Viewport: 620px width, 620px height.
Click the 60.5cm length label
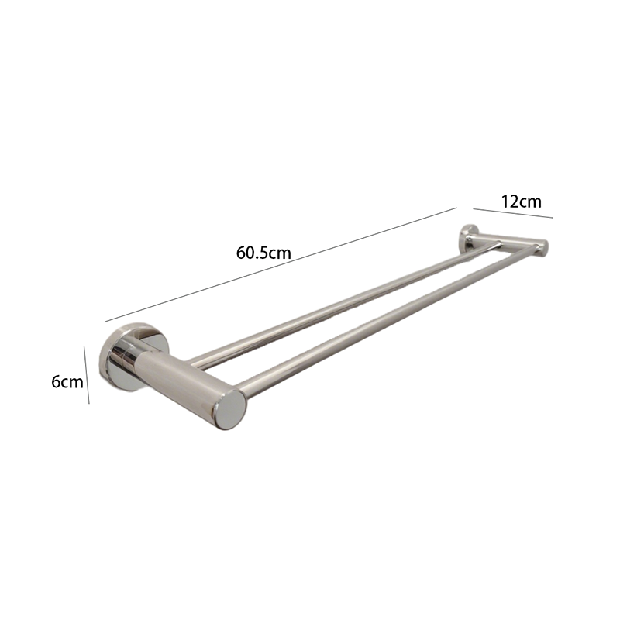coord(263,253)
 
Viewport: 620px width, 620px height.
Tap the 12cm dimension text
coord(521,201)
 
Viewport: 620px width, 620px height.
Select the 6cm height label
coord(67,382)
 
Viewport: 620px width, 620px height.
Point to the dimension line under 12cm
coord(513,213)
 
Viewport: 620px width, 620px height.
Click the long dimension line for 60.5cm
coord(281,264)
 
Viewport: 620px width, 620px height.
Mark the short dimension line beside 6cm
coord(87,375)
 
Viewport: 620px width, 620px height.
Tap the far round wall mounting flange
coord(467,238)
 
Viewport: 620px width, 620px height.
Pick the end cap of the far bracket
coord(544,248)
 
